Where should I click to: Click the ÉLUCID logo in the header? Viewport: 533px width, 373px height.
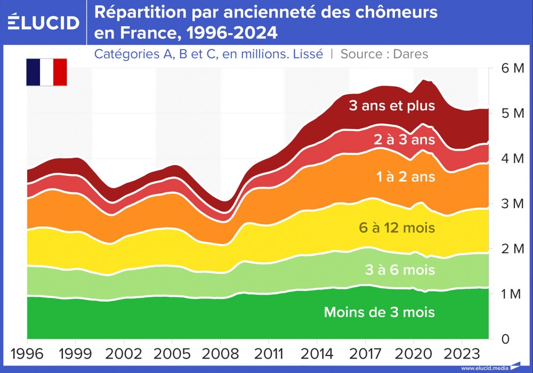[x=44, y=22]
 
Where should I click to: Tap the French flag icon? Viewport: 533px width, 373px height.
[x=46, y=72]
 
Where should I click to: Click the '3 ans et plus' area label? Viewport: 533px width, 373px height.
[x=392, y=106]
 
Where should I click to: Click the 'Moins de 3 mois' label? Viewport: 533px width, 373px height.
[x=379, y=312]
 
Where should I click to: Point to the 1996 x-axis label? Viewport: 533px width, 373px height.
[x=27, y=354]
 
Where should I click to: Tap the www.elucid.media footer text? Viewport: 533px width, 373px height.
[x=483, y=368]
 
